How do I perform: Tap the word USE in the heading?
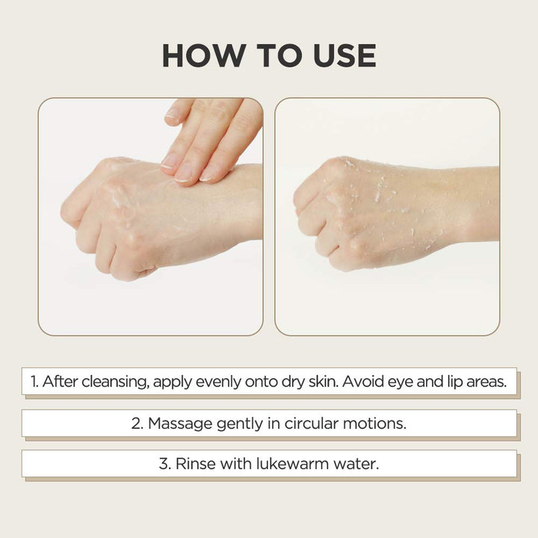344,55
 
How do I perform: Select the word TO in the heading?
282,55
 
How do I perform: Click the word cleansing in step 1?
115,382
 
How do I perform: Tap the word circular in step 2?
312,423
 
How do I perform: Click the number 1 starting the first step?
34,382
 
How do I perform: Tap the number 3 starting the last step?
164,464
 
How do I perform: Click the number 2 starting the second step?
137,424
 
